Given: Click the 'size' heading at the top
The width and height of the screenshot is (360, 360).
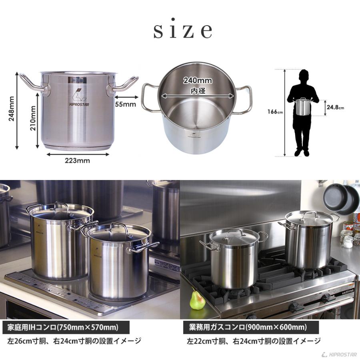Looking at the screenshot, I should pyautogui.click(x=182, y=30).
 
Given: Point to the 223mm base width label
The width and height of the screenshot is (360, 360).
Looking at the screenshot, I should pyautogui.click(x=77, y=161).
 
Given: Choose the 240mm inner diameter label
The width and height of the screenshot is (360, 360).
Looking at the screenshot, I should pyautogui.click(x=198, y=80).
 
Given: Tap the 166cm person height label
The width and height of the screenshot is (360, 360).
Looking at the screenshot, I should pyautogui.click(x=275, y=112).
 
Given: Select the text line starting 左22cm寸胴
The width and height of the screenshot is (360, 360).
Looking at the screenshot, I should pyautogui.click(x=254, y=341).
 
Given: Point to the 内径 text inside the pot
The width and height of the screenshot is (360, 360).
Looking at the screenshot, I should pyautogui.click(x=198, y=90).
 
